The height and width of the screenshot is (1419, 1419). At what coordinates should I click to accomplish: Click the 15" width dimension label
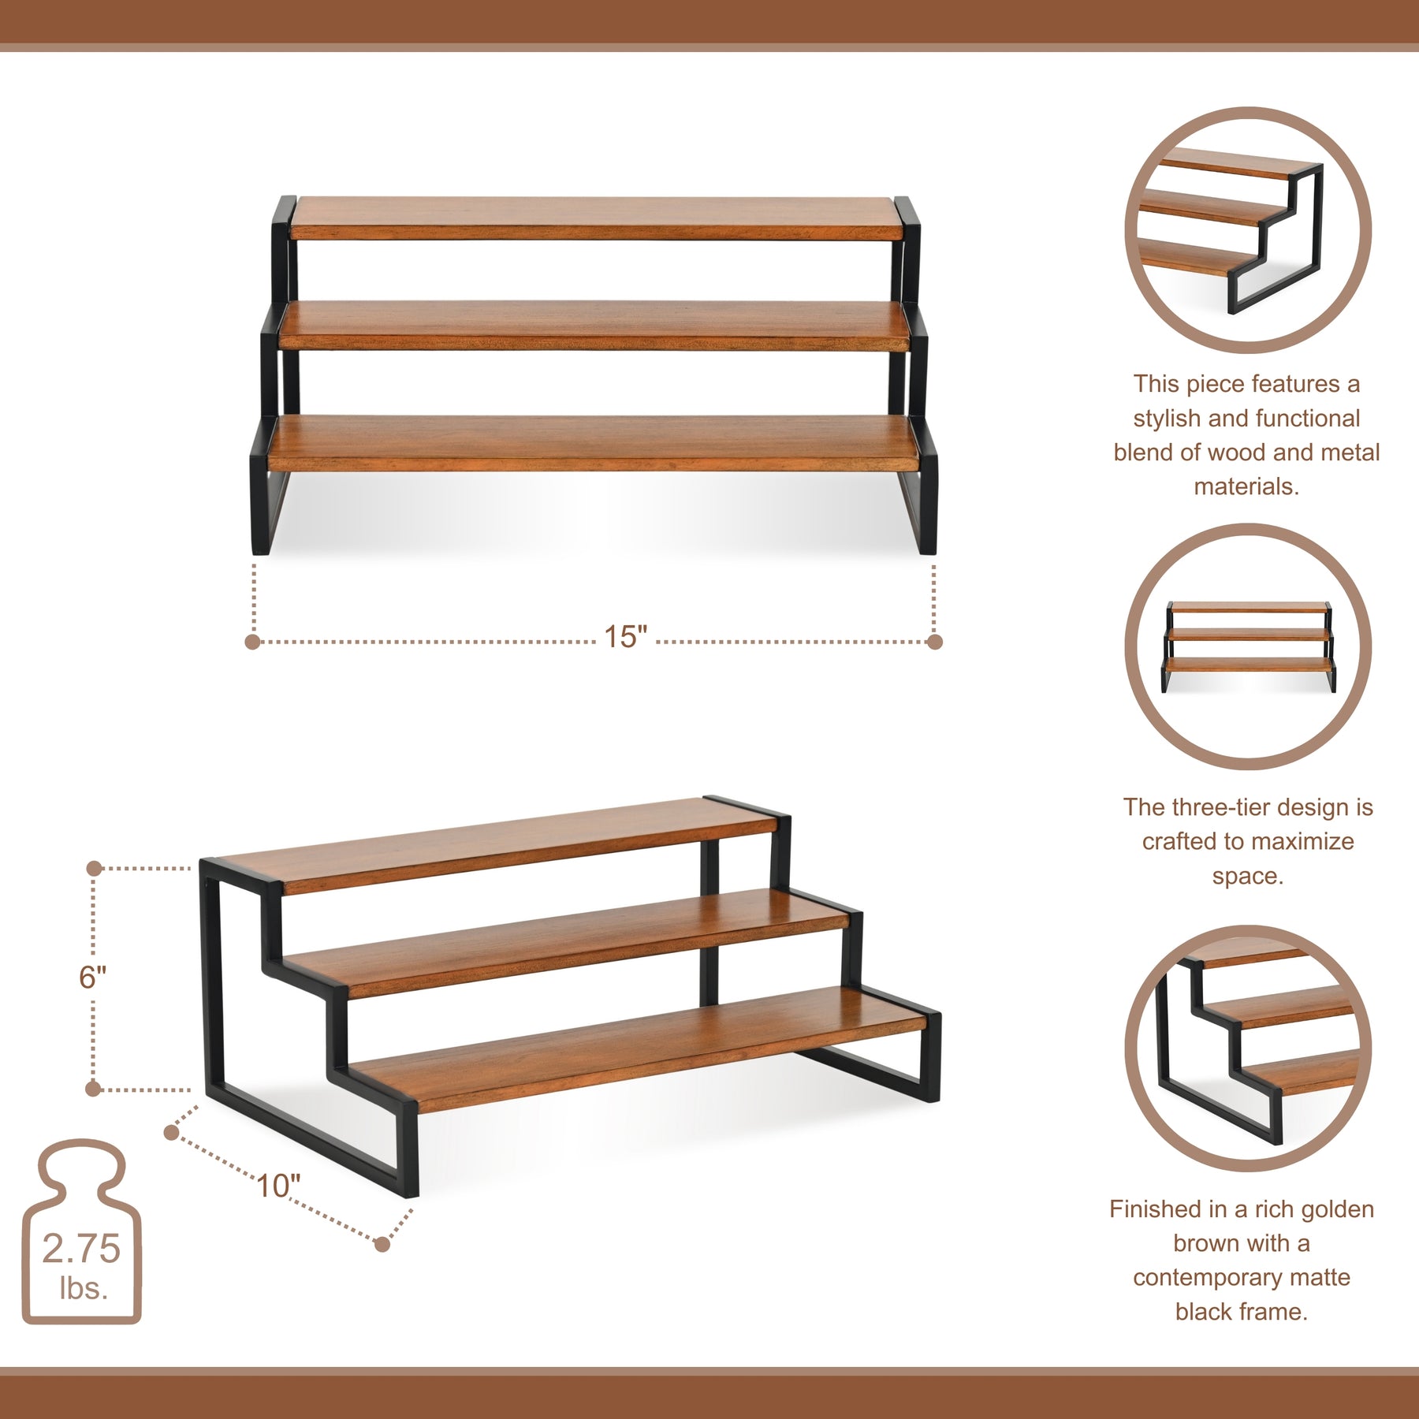625,637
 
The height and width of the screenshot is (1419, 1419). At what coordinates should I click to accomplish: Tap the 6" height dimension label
92,978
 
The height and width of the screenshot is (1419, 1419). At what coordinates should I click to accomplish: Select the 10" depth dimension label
278,1186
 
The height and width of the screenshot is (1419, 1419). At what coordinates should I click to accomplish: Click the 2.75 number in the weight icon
81,1249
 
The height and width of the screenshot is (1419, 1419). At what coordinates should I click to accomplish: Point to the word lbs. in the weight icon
84,1289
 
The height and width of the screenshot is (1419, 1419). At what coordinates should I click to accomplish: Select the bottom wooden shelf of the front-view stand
593,444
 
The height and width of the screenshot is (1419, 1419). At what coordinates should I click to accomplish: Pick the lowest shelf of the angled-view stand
639,1049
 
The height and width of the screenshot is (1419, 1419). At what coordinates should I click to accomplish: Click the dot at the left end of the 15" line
252,642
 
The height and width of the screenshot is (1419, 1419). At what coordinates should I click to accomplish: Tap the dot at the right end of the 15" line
935,642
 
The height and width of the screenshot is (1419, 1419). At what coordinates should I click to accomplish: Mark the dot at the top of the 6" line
94,869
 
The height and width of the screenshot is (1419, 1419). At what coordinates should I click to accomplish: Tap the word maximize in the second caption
1302,841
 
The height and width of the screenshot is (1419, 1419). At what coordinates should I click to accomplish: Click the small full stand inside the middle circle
1249,647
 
